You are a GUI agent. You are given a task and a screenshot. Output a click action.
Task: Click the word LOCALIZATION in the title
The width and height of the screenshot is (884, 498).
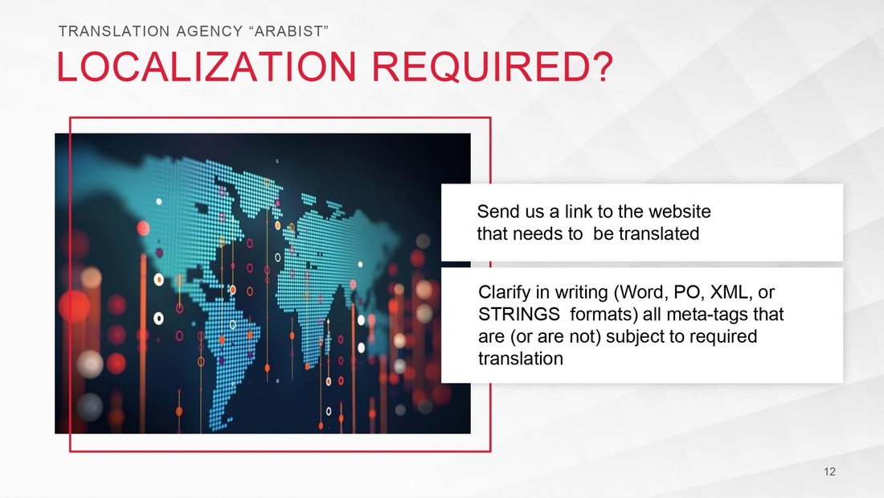coord(207,67)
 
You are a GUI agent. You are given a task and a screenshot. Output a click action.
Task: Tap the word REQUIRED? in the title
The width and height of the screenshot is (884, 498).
coord(492,67)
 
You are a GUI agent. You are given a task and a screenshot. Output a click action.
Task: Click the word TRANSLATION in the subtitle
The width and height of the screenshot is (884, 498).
coord(114,31)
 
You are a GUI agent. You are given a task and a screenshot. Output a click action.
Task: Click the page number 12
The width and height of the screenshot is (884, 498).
coord(829,471)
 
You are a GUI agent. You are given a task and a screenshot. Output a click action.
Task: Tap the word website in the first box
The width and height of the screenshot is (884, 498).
coord(680,211)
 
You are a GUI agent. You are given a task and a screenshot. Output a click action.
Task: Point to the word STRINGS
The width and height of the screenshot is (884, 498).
coord(518,314)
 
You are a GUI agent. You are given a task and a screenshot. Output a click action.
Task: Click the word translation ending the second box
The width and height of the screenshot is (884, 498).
coord(521,359)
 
